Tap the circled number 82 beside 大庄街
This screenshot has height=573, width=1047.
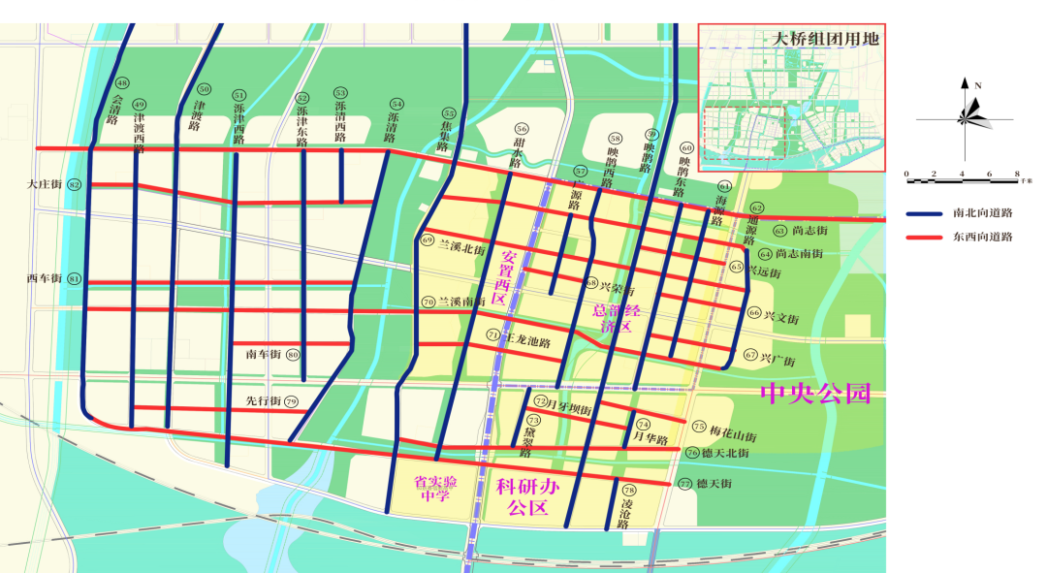click(75, 184)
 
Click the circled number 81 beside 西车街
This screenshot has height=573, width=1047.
click(75, 279)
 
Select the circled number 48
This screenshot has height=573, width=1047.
click(121, 83)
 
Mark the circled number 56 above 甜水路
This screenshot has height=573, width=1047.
click(522, 129)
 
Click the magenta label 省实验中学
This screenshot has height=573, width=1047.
click(435, 490)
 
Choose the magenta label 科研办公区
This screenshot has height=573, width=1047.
click(523, 495)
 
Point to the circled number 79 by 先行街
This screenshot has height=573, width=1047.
click(291, 401)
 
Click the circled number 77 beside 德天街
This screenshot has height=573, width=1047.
click(685, 484)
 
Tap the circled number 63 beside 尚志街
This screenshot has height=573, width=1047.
click(779, 231)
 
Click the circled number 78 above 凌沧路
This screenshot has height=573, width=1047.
click(630, 491)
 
